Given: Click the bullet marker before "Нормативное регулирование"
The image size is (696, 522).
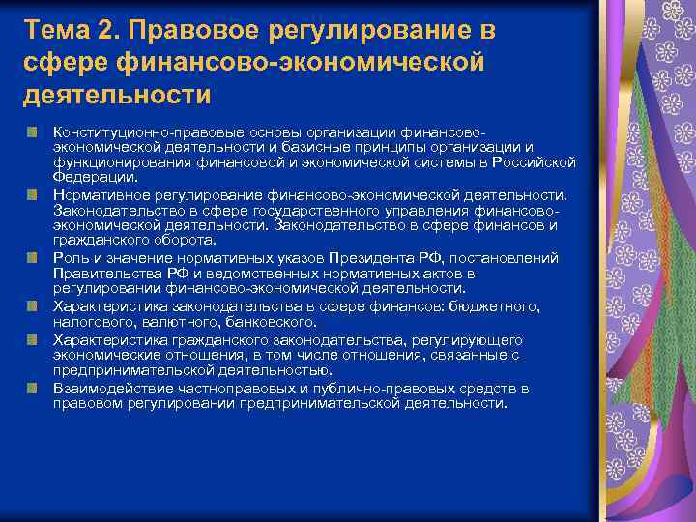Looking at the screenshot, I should pos(33,194).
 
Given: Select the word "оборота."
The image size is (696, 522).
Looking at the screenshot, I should pos(189,240).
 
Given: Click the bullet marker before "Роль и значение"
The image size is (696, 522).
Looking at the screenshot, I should pos(33,257).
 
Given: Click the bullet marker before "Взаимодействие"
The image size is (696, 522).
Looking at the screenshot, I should pos(33,388).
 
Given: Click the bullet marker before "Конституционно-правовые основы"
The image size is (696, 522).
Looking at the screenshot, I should pos(33,130).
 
